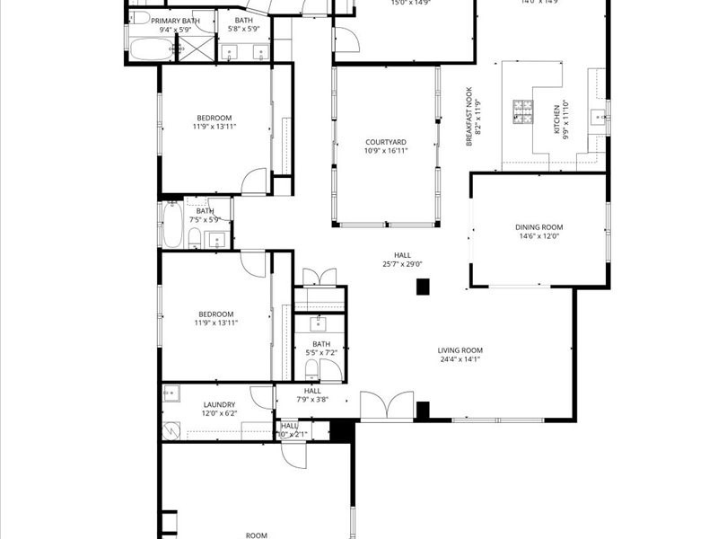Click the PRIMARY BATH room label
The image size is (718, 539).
click(x=175, y=20)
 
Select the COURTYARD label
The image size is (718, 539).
click(x=386, y=142)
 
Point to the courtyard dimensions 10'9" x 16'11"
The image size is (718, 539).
click(x=386, y=151)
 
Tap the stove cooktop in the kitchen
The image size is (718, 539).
click(x=522, y=111)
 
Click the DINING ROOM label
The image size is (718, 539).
click(x=538, y=227)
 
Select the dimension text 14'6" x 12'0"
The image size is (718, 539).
click(x=538, y=236)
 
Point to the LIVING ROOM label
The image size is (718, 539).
click(x=460, y=350)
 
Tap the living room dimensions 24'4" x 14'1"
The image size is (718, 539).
click(x=460, y=359)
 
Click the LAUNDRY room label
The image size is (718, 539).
click(x=219, y=404)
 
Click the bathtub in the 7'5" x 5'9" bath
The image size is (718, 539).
click(x=171, y=225)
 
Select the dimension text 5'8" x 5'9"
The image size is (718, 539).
click(x=243, y=29)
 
